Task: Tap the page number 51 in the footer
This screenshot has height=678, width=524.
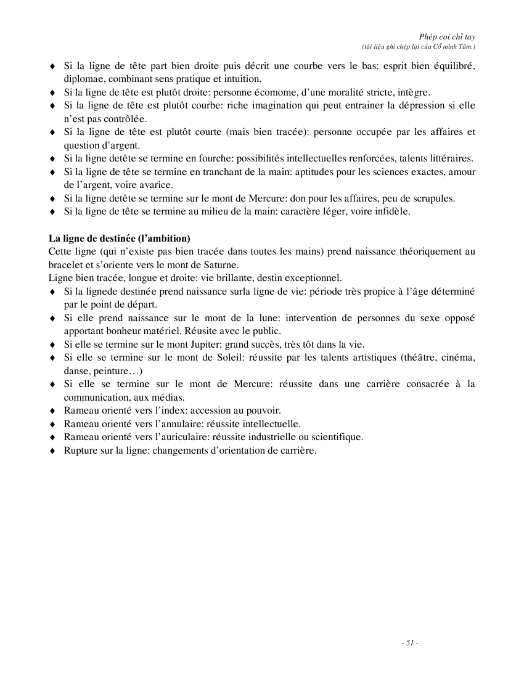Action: pyautogui.click(x=409, y=643)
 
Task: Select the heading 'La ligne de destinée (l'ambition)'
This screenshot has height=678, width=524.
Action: pyautogui.click(x=120, y=238)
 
